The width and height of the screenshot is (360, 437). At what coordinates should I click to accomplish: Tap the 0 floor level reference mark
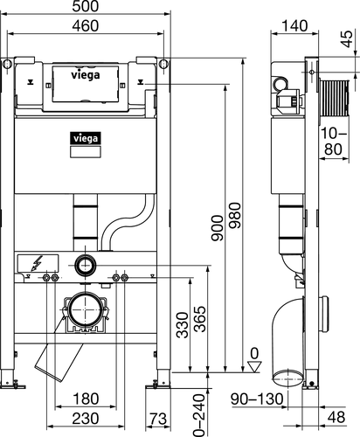click(253, 354)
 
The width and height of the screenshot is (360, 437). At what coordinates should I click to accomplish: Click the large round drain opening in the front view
click(84, 309)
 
